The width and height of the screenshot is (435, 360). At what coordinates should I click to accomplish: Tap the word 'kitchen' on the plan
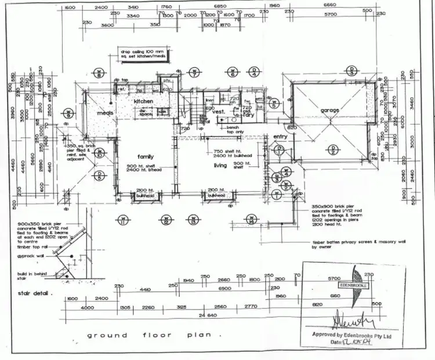pyautogui.click(x=144, y=101)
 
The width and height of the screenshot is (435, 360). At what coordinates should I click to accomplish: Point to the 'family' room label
pyautogui.click(x=144, y=157)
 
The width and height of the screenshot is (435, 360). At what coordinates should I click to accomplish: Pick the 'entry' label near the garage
pyautogui.click(x=280, y=137)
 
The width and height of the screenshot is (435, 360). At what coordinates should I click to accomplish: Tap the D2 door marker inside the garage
pyautogui.click(x=333, y=151)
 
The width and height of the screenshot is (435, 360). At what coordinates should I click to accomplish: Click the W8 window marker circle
pyautogui.click(x=99, y=74)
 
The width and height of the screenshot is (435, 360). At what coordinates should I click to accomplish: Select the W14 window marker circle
pyautogui.click(x=252, y=220)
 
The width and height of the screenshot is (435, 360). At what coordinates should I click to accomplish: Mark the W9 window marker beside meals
pyautogui.click(x=68, y=112)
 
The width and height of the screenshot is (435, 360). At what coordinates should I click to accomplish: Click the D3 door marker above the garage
pyautogui.click(x=351, y=71)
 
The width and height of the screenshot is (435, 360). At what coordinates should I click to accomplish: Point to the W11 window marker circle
pyautogui.click(x=122, y=220)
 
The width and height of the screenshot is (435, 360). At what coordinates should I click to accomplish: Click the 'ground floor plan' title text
pyautogui.click(x=153, y=335)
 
